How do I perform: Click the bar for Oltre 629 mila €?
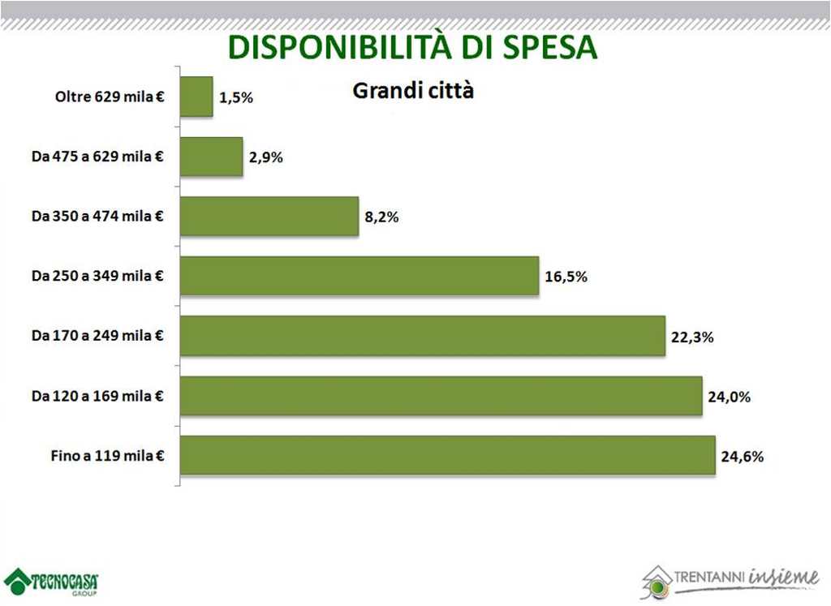196,97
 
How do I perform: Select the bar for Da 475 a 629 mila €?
211,157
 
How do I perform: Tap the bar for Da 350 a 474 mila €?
269,217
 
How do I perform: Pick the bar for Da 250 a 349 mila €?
359,276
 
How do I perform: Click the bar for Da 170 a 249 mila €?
422,336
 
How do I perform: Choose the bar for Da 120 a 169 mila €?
441,396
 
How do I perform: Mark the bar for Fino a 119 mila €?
447,455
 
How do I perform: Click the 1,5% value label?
236,97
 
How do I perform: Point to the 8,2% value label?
381,217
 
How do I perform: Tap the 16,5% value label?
566,277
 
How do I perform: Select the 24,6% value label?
742,457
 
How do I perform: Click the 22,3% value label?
692,337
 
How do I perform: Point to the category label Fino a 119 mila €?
107,456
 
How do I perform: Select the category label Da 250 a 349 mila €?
97,277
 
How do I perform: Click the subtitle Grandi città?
412,90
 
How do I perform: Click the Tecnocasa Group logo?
51,582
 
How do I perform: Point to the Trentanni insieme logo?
730,579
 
